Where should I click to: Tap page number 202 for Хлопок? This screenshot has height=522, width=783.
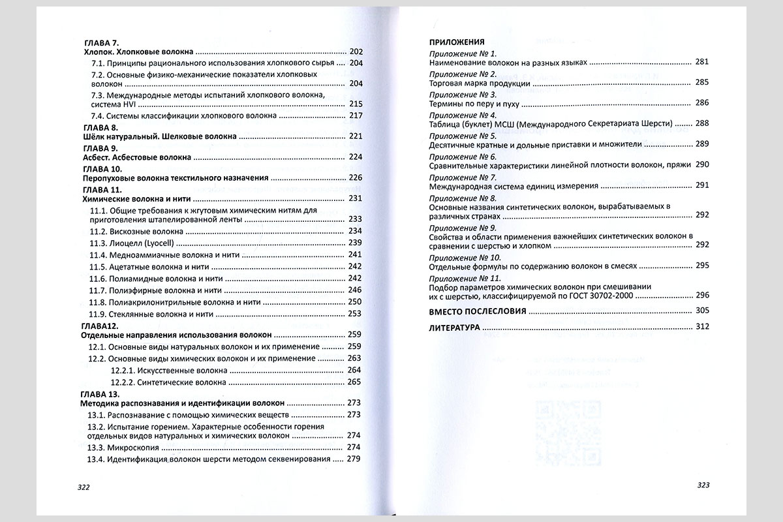pyautogui.click(x=356, y=52)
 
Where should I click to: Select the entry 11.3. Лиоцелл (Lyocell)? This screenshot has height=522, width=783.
pyautogui.click(x=134, y=243)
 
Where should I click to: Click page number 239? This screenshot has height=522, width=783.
pyautogui.click(x=355, y=243)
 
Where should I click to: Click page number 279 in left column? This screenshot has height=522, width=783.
pyautogui.click(x=355, y=459)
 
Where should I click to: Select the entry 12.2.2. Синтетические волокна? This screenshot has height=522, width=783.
pyautogui.click(x=168, y=382)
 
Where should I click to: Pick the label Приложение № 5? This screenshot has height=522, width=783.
pyautogui.click(x=463, y=136)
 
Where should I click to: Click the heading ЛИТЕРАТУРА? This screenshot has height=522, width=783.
pyautogui.click(x=454, y=327)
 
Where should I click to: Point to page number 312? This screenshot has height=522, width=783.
pyautogui.click(x=702, y=327)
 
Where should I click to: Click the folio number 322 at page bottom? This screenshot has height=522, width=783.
pyautogui.click(x=83, y=487)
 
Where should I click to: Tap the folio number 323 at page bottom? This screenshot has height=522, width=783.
pyautogui.click(x=703, y=485)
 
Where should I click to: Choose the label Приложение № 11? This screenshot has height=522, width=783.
pyautogui.click(x=465, y=279)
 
